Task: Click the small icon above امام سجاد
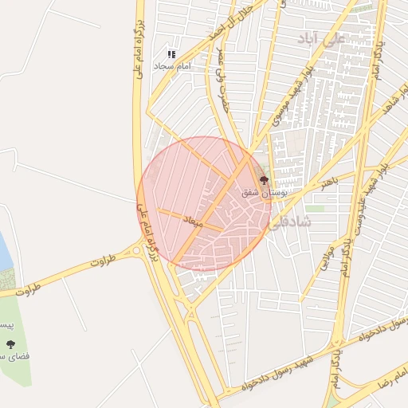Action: [171, 54]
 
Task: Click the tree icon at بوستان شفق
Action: [265, 181]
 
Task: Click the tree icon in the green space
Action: [11, 344]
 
